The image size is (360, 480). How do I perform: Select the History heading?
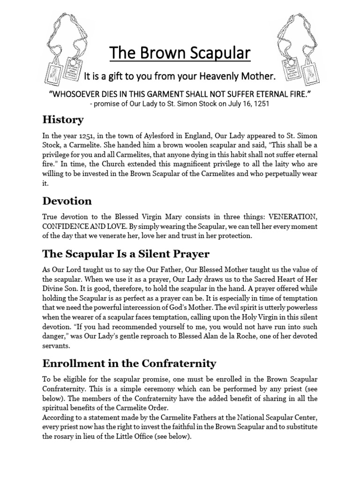pyautogui.click(x=63, y=120)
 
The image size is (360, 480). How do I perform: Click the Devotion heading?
pyautogui.click(x=67, y=201)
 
